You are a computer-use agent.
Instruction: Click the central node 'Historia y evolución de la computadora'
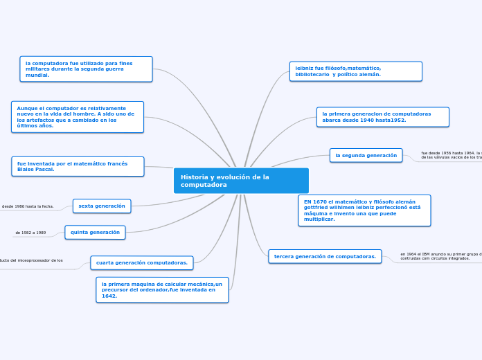pyautogui.click(x=241, y=181)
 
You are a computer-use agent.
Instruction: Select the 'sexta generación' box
pyautogui.click(x=102, y=206)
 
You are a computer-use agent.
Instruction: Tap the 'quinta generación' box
pyautogui.click(x=95, y=233)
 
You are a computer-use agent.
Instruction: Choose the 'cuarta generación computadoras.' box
pyautogui.click(x=142, y=263)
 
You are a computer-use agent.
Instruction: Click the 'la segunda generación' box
pyautogui.click(x=366, y=156)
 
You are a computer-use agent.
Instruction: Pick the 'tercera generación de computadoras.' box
pyautogui.click(x=325, y=257)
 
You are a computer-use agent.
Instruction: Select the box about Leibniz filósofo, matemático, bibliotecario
pyautogui.click(x=355, y=71)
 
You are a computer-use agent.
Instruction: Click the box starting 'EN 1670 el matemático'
pyautogui.click(x=364, y=210)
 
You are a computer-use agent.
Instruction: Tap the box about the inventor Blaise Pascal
pyautogui.click(x=78, y=167)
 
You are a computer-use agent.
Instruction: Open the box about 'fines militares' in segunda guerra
pyautogui.click(x=86, y=69)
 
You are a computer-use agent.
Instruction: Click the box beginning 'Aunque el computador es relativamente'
pyautogui.click(x=78, y=117)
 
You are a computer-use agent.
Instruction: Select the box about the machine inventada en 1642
pyautogui.click(x=162, y=290)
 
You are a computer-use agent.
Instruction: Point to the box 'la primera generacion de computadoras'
pyautogui.click(x=382, y=117)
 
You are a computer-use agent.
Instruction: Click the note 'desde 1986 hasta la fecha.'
pyautogui.click(x=28, y=206)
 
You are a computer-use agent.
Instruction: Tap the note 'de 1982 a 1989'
pyautogui.click(x=30, y=233)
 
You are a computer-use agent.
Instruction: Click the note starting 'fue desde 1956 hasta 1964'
pyautogui.click(x=451, y=156)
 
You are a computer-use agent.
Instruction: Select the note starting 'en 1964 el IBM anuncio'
pyautogui.click(x=440, y=257)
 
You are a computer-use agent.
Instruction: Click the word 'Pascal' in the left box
pyautogui.click(x=45, y=170)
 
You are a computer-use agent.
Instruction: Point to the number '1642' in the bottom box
pyautogui.click(x=109, y=296)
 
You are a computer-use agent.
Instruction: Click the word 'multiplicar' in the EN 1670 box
pyautogui.click(x=319, y=219)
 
